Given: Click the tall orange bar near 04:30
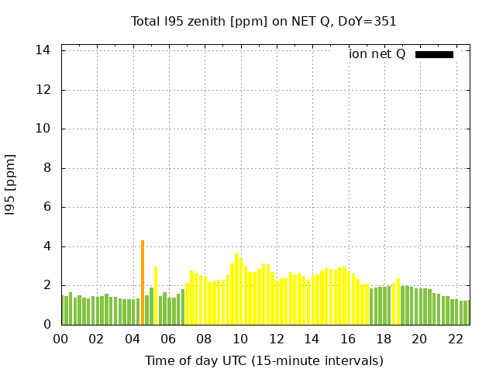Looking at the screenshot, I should tap(143, 283).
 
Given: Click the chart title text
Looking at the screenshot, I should tap(263, 22).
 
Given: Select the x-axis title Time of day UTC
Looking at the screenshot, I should tap(263, 360).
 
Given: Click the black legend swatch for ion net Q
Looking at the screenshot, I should tap(434, 54).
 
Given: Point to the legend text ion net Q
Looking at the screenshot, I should tap(377, 54).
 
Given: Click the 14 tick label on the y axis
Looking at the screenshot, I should tap(44, 50).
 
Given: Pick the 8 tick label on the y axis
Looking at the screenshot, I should tap(47, 168).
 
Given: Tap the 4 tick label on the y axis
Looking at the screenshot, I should tap(47, 246).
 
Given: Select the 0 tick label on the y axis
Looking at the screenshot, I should tap(47, 325).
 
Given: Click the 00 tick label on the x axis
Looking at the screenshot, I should tap(61, 339).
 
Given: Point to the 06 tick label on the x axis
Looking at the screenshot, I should tap(168, 339).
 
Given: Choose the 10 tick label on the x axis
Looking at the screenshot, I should tap(240, 339).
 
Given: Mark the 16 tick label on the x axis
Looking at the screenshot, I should tap(347, 339).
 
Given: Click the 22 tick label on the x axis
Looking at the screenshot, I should tap(455, 339).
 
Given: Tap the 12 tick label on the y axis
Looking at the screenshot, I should tap(44, 89).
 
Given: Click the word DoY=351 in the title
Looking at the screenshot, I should tap(368, 22).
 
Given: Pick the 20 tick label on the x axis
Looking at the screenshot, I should tap(419, 339).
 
